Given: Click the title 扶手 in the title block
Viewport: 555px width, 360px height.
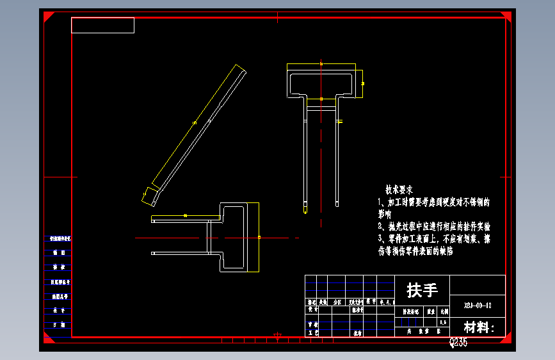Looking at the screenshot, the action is click(x=422, y=290).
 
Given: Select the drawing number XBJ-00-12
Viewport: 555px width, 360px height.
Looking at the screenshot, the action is click(x=478, y=306).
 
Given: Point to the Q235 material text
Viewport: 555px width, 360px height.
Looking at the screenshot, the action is click(x=458, y=343).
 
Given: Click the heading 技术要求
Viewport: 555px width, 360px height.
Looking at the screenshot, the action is click(x=399, y=190).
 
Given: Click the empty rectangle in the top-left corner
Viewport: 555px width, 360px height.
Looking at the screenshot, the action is click(x=102, y=26).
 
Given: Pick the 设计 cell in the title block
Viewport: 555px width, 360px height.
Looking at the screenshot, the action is click(x=312, y=309).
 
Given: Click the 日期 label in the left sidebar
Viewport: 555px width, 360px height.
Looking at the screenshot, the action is click(x=59, y=325).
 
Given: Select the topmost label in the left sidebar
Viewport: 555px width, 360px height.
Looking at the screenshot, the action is click(x=59, y=238).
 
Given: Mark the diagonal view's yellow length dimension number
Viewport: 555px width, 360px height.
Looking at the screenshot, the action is click(x=194, y=122).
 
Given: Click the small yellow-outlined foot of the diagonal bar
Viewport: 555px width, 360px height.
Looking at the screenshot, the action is click(x=151, y=195).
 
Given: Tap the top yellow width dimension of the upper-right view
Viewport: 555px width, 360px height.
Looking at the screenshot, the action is click(x=321, y=63).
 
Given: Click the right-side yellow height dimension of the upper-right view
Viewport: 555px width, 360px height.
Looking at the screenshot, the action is click(x=363, y=83).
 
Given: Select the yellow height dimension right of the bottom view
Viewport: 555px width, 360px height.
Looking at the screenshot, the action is click(x=259, y=237).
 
